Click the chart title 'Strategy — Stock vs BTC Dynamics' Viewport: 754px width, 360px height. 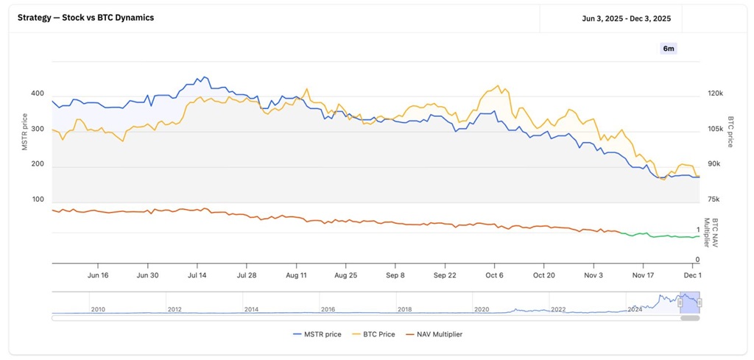click(x=85, y=17)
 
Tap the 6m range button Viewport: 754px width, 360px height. click(x=669, y=49)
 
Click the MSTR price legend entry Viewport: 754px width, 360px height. click(x=317, y=334)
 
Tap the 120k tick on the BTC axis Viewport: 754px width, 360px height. click(x=715, y=93)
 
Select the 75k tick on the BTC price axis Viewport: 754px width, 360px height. click(x=714, y=200)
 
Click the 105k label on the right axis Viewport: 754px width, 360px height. click(x=715, y=129)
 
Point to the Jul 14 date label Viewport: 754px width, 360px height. click(x=197, y=275)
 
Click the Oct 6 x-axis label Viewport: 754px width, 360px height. click(x=494, y=275)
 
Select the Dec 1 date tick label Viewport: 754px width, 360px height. click(x=693, y=275)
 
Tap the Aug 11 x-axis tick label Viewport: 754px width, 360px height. click(x=296, y=275)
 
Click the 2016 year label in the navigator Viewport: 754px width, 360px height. click(x=328, y=310)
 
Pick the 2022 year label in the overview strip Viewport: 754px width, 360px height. click(x=558, y=310)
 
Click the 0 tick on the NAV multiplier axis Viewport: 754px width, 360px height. click(x=697, y=260)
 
